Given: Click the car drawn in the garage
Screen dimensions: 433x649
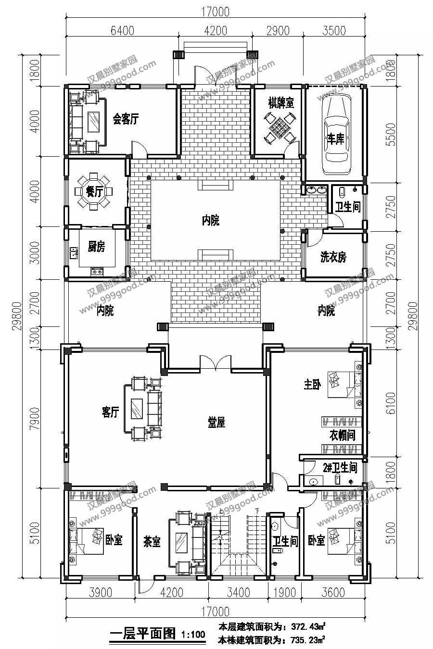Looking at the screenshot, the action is click(x=336, y=136).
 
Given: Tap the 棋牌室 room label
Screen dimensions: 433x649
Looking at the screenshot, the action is click(x=281, y=102).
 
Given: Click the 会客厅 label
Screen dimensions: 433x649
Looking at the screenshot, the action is click(x=126, y=119).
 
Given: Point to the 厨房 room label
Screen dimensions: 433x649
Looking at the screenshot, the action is click(x=96, y=247).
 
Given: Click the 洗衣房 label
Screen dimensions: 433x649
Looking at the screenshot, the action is click(x=333, y=257).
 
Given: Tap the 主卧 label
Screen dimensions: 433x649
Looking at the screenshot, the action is click(x=312, y=385).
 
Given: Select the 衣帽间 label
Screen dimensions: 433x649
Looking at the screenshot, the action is click(x=342, y=435).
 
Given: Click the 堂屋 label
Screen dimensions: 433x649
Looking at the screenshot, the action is click(x=216, y=422).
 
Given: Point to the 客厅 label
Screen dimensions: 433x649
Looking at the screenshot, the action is click(x=111, y=412).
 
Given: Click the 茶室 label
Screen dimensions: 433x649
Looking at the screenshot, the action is click(x=152, y=541).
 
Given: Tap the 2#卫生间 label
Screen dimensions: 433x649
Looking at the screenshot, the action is click(x=340, y=468).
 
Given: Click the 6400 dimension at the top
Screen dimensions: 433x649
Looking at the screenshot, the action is click(x=122, y=30).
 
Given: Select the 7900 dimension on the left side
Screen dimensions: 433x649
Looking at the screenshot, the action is click(x=35, y=418).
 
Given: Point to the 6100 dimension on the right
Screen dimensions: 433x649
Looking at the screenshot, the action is click(x=391, y=403).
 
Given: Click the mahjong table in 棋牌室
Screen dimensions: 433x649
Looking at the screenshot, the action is click(x=280, y=126).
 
